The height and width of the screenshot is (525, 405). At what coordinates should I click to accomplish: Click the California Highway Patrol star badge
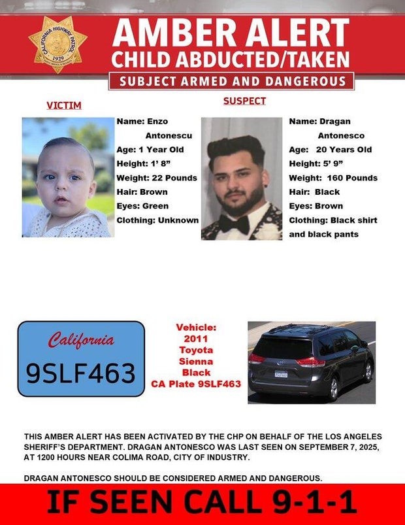click(57, 44)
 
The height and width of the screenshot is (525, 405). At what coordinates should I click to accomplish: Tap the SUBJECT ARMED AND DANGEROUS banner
click(231, 81)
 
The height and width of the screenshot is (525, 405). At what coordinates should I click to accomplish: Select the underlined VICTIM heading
click(64, 105)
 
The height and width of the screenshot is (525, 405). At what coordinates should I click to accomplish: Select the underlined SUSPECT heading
click(244, 101)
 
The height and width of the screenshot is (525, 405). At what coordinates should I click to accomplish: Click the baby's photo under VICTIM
click(68, 177)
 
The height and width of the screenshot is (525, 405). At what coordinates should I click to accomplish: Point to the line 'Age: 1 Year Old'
click(150, 149)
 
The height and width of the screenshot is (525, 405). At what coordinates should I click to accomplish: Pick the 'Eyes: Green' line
click(142, 206)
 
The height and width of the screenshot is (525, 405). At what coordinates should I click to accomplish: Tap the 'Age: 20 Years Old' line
click(330, 149)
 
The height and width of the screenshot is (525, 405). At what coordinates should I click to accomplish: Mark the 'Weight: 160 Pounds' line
click(333, 178)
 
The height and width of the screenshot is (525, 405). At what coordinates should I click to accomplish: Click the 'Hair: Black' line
click(314, 192)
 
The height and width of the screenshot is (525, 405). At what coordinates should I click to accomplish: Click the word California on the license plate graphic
click(81, 341)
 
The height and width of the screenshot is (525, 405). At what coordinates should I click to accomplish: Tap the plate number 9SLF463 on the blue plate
click(80, 373)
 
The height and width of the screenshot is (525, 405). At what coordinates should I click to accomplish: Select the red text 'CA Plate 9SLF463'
click(196, 384)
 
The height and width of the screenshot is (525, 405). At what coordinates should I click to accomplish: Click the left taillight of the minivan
click(256, 358)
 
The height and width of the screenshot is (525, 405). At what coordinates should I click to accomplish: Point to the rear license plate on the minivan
click(281, 375)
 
